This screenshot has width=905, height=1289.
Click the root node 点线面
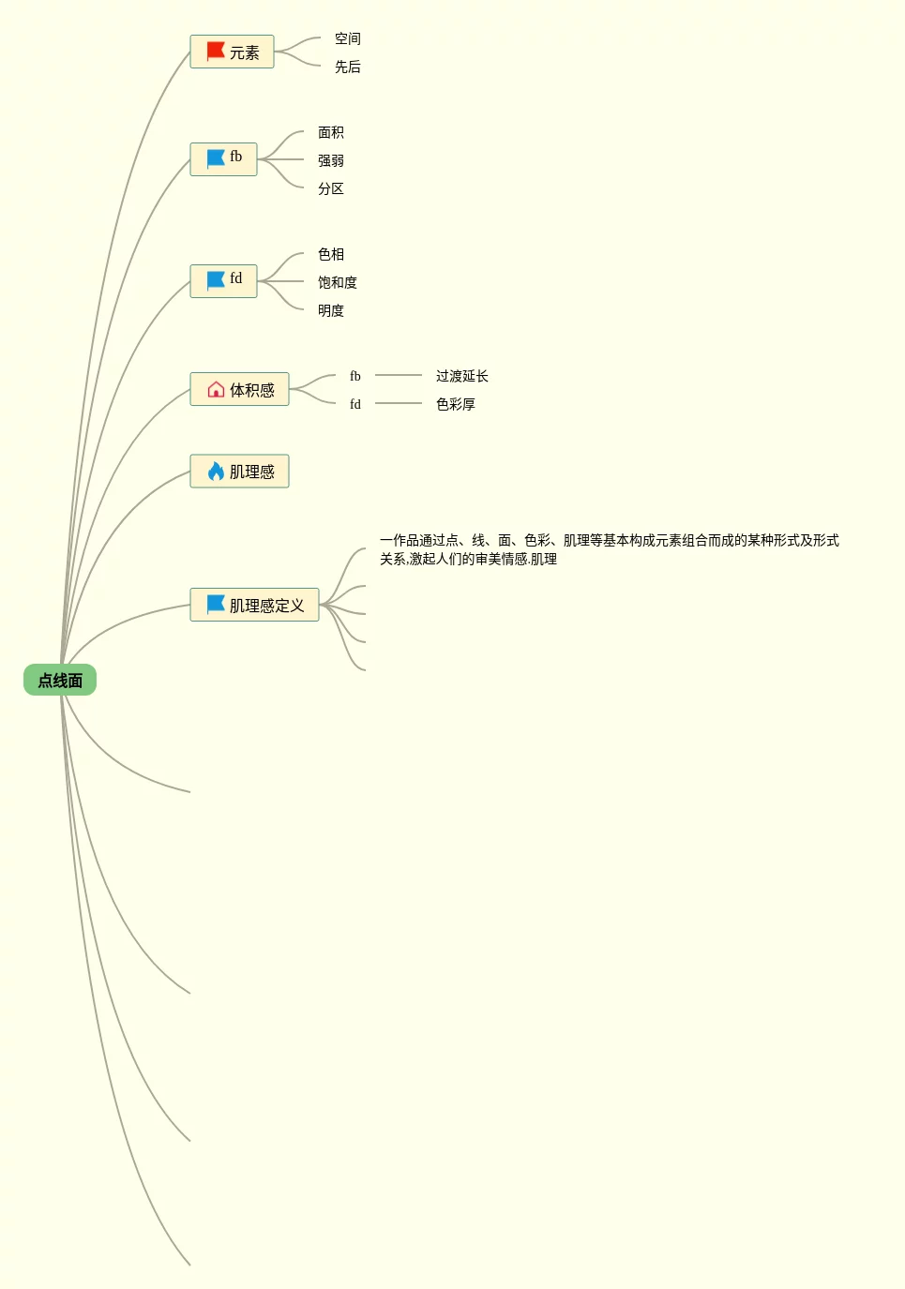[60, 681]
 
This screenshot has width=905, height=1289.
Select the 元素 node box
[233, 52]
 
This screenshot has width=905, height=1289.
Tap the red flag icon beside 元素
[216, 52]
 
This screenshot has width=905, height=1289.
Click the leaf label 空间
[348, 38]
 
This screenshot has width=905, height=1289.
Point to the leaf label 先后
[348, 67]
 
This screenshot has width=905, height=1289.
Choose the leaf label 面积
[331, 132]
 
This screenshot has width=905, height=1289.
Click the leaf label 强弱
[331, 160]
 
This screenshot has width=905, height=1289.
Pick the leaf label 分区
[331, 188]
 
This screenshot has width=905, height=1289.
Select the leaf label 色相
[331, 254]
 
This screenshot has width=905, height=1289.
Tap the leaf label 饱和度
[338, 282]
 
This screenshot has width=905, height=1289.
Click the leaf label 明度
[331, 310]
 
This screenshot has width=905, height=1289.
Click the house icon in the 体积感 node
[216, 389]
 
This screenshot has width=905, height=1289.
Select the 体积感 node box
[240, 390]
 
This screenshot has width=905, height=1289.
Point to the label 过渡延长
[462, 376]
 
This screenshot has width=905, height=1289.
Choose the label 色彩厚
[456, 404]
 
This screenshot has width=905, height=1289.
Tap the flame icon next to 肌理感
[216, 471]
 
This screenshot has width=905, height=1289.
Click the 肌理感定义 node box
[255, 606]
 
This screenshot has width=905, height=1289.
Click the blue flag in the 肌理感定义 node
[216, 605]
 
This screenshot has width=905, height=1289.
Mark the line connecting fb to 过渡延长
[399, 375]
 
